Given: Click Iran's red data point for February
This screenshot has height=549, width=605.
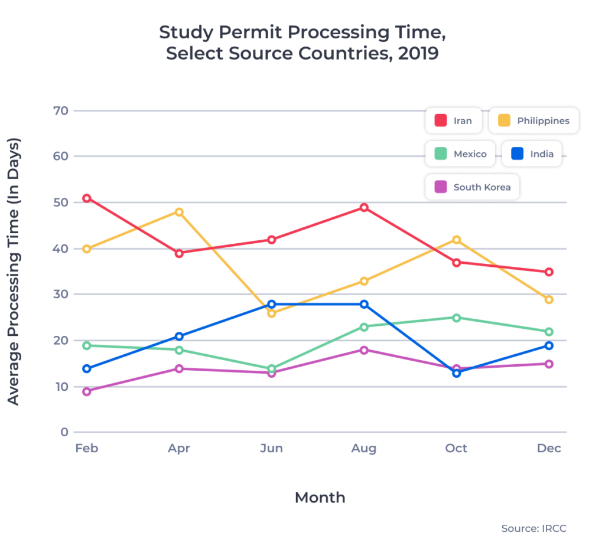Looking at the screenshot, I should tap(87, 198).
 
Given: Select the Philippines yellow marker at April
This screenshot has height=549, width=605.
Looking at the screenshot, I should tap(179, 212).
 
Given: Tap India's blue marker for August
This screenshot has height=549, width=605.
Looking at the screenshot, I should tap(364, 305).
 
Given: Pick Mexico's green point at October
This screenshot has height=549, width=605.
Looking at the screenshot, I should tap(456, 318).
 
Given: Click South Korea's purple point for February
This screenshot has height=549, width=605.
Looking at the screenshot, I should tap(87, 391).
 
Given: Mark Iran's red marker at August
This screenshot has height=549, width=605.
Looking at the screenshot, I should tap(364, 208).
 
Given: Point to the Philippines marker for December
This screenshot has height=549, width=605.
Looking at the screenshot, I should tap(549, 300).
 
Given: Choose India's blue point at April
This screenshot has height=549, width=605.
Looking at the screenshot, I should tap(179, 336).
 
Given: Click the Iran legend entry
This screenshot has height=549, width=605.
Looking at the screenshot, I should tap(454, 121).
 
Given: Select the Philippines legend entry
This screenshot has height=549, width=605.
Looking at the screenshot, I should tap(534, 121).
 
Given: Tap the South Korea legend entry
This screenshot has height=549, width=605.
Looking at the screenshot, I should tap(473, 188).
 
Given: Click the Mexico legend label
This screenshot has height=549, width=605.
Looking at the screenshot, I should tap(470, 154).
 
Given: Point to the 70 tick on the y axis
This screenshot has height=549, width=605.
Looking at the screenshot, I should tap(61, 111).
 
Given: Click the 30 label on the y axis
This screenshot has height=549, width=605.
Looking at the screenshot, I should tap(61, 295).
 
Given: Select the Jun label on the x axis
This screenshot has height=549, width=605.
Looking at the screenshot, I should tap(271, 449).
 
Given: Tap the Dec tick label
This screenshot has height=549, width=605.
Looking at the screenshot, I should tap(549, 449).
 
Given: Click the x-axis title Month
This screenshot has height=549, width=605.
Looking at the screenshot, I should tap(320, 498).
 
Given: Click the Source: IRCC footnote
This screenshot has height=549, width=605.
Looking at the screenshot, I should tap(534, 528).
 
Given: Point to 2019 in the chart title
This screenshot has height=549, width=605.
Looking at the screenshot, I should tap(418, 54).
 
